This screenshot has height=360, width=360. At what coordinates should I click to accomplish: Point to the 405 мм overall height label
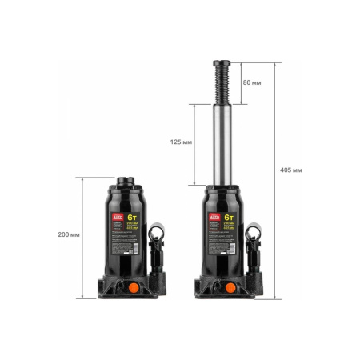[x=290, y=170]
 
